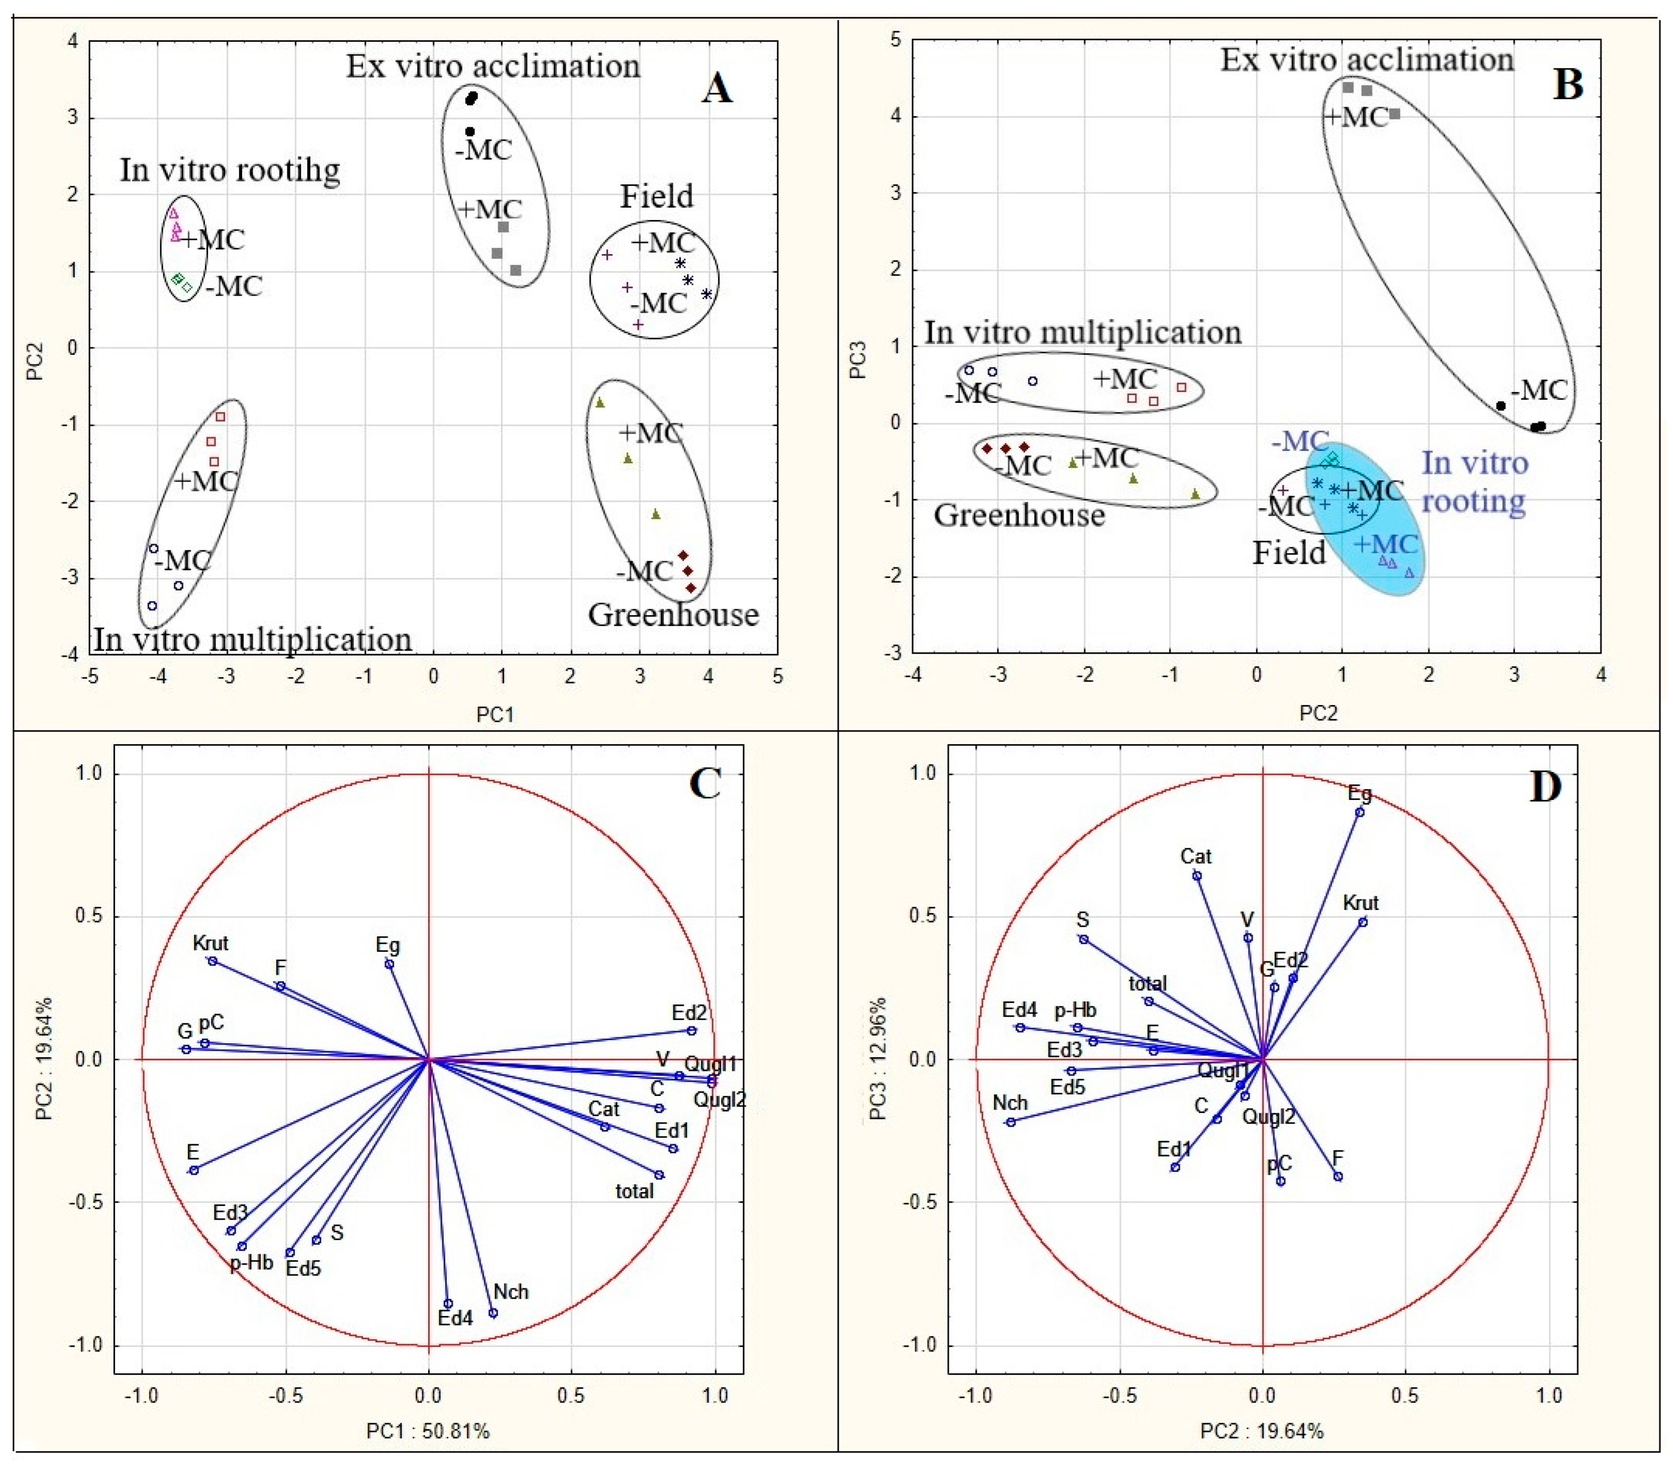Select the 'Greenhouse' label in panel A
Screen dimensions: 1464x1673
tap(673, 614)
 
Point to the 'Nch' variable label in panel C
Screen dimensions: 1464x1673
tap(512, 1292)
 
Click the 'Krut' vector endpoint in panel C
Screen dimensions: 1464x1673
tap(213, 961)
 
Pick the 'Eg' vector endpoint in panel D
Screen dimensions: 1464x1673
tap(1359, 812)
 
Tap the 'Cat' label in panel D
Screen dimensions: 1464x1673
tap(1196, 856)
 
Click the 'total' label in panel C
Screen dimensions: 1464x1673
tap(635, 1191)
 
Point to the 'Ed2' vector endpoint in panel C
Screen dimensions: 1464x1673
tap(691, 1031)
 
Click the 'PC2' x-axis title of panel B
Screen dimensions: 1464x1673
tap(1317, 713)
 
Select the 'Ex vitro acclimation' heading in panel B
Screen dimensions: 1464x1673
tap(1367, 59)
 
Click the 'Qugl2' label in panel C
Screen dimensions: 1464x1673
tap(720, 1100)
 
